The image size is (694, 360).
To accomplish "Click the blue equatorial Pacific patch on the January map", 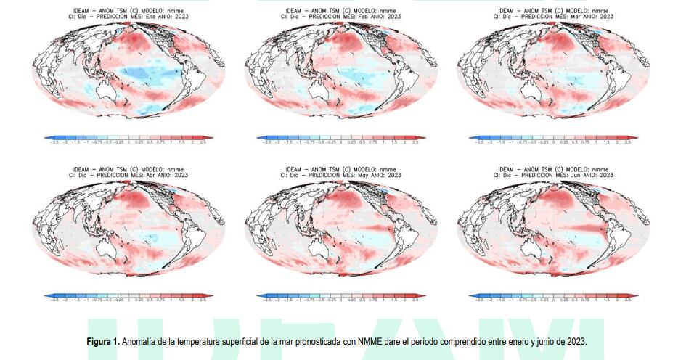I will coord(145,73).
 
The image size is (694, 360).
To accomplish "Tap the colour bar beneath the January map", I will coord(128,137).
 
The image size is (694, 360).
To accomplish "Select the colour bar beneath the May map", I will coord(340,297).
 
